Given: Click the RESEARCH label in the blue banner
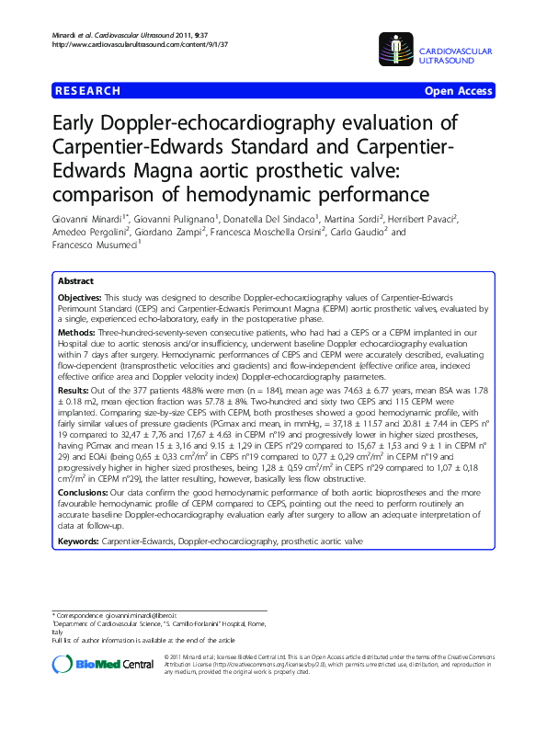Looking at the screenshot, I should click(x=87, y=91).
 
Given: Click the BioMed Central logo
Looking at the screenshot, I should click(x=103, y=664).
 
